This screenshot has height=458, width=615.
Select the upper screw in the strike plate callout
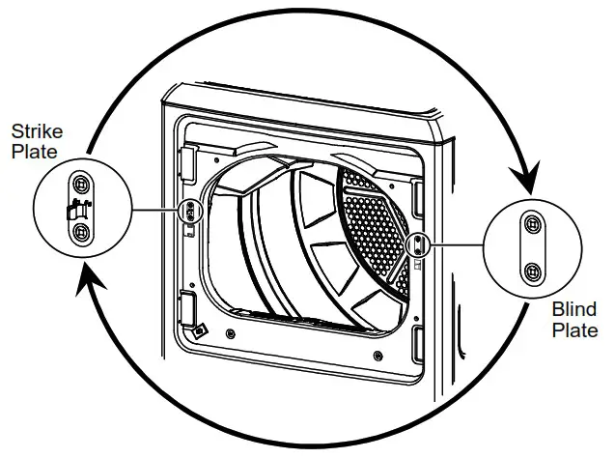[80, 184]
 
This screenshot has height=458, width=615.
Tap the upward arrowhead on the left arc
[84, 281]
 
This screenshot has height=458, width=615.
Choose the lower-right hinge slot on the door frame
[418, 343]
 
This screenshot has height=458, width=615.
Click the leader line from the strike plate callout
[154, 210]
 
